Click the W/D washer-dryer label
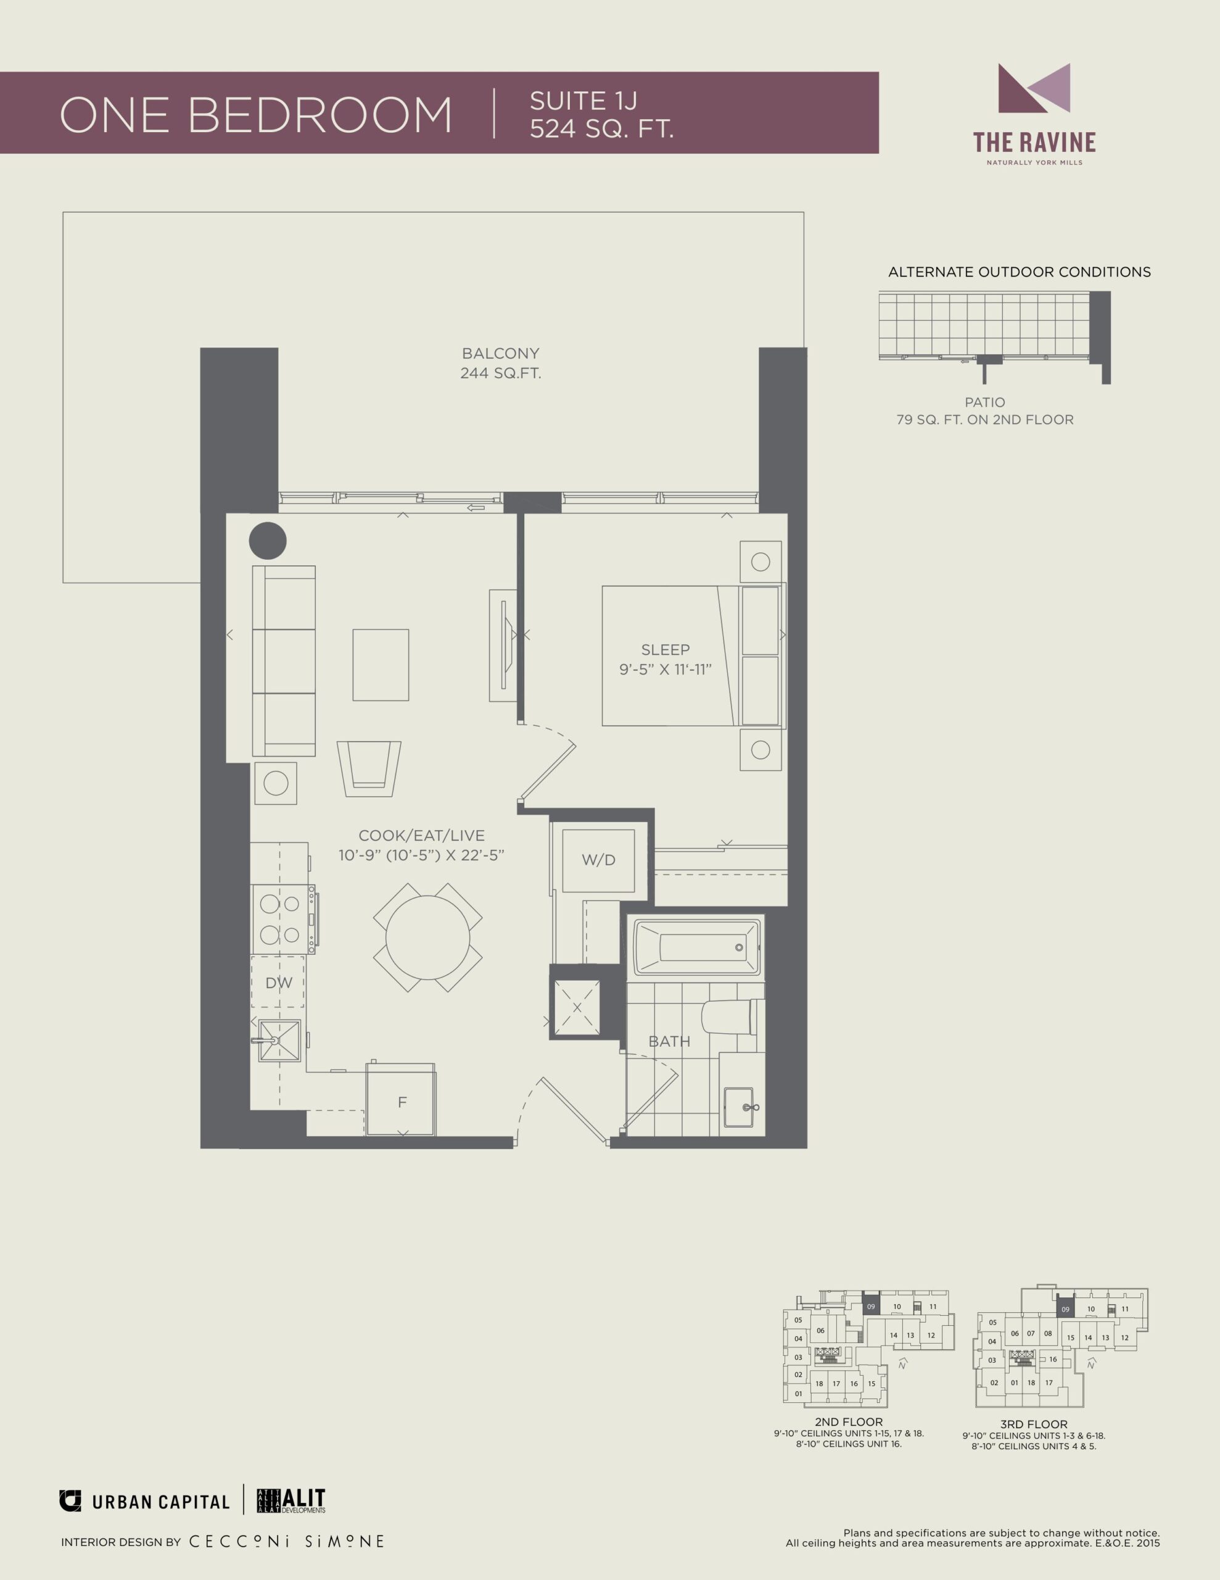point(598,860)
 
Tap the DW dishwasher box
point(278,982)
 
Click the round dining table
point(427,938)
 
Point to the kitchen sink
point(279,1041)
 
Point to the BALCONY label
point(500,354)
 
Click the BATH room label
point(669,1042)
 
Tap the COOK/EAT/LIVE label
point(422,836)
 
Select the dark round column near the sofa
point(268,541)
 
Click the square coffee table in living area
point(381,665)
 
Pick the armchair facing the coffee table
point(369,768)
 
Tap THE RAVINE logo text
point(1034,142)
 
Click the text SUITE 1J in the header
point(583,101)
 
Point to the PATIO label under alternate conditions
point(985,402)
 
